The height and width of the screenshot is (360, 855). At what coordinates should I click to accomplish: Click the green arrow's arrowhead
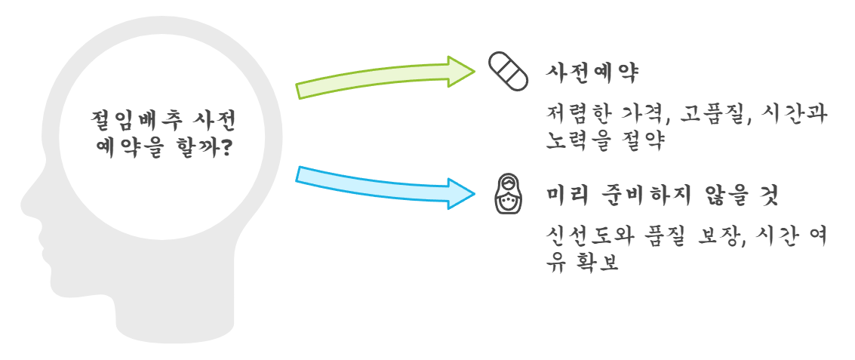coord(459,71)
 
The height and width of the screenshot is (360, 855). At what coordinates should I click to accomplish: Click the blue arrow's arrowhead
coord(459,193)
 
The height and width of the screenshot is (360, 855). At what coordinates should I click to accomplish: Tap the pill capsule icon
coord(508,72)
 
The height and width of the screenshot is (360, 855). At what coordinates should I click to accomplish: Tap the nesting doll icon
coord(508,195)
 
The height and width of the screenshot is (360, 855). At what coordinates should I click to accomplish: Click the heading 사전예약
coord(592,73)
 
